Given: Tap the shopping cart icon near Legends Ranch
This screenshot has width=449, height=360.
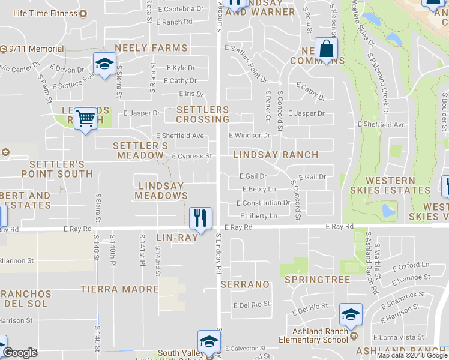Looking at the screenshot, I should (86, 119).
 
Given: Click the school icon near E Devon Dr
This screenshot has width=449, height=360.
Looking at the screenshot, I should (104, 64).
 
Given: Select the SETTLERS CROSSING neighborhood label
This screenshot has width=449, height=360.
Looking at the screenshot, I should (202, 115).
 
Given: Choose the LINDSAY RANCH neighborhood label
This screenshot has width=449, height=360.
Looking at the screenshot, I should (275, 155).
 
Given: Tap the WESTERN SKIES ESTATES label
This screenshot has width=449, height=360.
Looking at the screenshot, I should (398, 185).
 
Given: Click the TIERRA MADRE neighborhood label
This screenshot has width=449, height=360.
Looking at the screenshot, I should (120, 289).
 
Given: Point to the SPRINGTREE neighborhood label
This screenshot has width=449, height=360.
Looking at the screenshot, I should (309, 280).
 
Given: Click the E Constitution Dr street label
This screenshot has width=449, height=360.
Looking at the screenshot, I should (263, 203).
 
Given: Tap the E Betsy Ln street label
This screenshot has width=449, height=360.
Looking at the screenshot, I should (259, 190).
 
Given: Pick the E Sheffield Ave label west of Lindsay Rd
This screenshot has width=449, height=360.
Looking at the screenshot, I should (180, 136).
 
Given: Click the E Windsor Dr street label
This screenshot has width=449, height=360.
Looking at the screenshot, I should (250, 136).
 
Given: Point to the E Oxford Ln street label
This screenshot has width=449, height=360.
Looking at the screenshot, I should (411, 265).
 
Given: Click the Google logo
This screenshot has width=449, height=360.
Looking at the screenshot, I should (20, 353).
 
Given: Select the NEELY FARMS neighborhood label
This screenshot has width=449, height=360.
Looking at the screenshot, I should (151, 48).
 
